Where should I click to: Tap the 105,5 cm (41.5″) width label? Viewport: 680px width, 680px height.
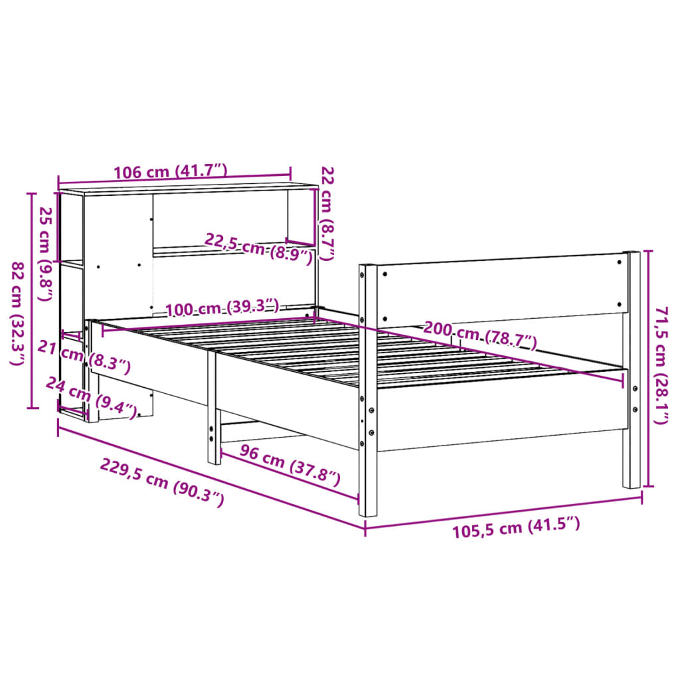pyautogui.click(x=516, y=529)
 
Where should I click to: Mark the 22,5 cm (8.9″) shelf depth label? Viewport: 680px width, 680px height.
pyautogui.click(x=259, y=248)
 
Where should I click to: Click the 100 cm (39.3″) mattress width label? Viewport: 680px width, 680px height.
pyautogui.click(x=222, y=308)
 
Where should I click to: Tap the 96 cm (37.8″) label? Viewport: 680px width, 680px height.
pyautogui.click(x=290, y=464)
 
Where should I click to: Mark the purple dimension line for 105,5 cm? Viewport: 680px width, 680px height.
pyautogui.click(x=503, y=512)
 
